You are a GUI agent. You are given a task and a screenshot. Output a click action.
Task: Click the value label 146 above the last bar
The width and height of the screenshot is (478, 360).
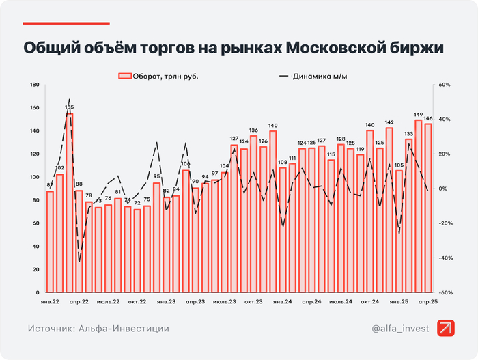click(x=428, y=118)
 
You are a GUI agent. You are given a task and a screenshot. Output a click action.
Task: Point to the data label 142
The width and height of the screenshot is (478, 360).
click(x=389, y=122)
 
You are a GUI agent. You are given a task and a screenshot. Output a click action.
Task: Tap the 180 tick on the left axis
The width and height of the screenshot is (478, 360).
click(x=36, y=85)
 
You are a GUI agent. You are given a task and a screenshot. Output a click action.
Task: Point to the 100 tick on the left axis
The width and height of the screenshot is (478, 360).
click(x=36, y=177)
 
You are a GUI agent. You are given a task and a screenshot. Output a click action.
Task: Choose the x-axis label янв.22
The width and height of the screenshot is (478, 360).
click(x=50, y=301)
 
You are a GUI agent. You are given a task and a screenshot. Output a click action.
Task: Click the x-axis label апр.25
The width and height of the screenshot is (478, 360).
click(x=428, y=301)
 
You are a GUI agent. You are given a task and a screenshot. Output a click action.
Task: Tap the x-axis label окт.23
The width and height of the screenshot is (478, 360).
click(x=254, y=301)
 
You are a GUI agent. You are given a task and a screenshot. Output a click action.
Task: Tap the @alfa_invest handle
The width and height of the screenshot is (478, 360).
click(x=400, y=329)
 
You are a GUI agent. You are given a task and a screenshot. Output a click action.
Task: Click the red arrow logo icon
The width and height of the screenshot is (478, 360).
click(x=447, y=328)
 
